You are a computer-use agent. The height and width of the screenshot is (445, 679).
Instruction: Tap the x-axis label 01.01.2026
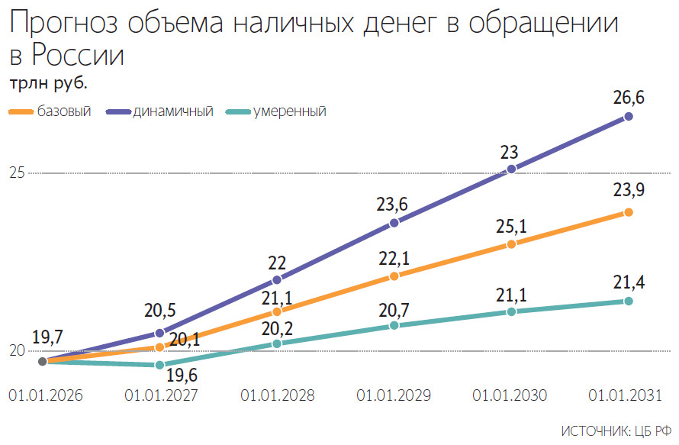click(44, 396)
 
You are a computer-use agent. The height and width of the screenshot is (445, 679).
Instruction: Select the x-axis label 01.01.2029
click(394, 396)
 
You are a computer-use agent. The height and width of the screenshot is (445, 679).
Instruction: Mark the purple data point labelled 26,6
click(629, 117)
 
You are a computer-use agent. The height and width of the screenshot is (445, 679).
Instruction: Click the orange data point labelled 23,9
click(629, 212)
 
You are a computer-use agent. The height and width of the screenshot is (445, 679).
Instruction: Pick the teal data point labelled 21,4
click(629, 301)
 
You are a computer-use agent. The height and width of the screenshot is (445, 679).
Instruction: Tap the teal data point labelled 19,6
click(159, 365)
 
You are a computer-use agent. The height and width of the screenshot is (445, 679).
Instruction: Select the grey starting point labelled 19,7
click(42, 361)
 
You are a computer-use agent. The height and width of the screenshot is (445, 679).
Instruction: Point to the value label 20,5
click(159, 311)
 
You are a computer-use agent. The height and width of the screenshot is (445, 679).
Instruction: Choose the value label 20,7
click(394, 308)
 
